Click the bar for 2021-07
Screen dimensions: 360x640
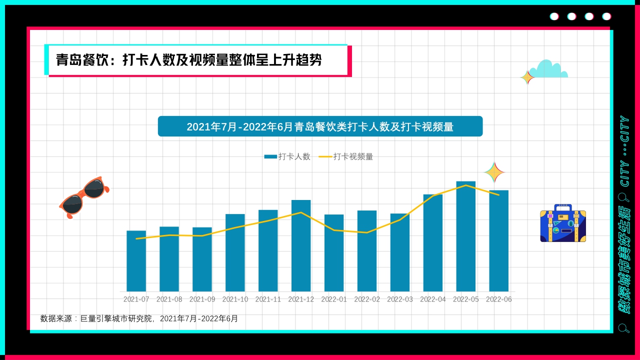click(136, 261)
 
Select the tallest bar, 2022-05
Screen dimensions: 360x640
click(465, 236)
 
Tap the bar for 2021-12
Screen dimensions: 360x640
click(301, 245)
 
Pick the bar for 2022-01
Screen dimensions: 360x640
click(334, 253)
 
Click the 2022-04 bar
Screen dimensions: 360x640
click(432, 243)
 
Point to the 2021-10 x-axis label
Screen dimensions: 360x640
click(235, 299)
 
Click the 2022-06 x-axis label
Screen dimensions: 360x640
click(498, 299)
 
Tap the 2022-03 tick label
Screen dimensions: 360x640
click(400, 299)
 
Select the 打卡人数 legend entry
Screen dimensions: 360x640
click(287, 156)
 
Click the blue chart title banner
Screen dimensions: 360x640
click(320, 126)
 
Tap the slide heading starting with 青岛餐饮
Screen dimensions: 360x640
click(189, 60)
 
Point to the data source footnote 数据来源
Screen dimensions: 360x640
click(139, 318)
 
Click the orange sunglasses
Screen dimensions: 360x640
click(84, 196)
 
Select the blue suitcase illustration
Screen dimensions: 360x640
click(562, 224)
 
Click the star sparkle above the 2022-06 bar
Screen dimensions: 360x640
click(494, 172)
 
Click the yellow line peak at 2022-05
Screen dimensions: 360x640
click(466, 185)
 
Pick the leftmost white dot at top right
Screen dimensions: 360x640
click(554, 16)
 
